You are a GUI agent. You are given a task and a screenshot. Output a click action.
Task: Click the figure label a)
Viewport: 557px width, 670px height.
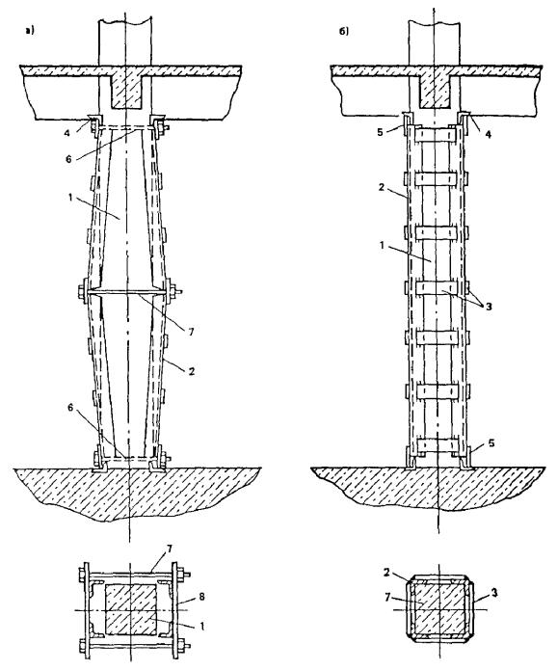click(30, 30)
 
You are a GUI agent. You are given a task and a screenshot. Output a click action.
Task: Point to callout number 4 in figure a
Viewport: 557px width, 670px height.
click(67, 133)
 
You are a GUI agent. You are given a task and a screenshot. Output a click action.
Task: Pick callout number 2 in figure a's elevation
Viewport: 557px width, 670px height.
click(192, 371)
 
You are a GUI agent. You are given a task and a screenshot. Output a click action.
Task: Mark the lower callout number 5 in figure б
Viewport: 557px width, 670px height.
click(491, 443)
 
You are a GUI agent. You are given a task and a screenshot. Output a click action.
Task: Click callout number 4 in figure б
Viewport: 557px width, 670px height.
click(489, 134)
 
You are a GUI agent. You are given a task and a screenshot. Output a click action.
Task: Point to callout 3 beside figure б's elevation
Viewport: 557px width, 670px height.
click(489, 306)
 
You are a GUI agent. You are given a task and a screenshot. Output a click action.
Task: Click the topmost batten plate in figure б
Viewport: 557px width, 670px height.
click(437, 136)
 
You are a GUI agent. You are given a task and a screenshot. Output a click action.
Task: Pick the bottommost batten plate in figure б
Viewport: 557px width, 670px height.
click(437, 445)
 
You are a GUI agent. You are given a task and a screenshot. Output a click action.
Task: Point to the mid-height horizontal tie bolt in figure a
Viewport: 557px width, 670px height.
click(127, 293)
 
